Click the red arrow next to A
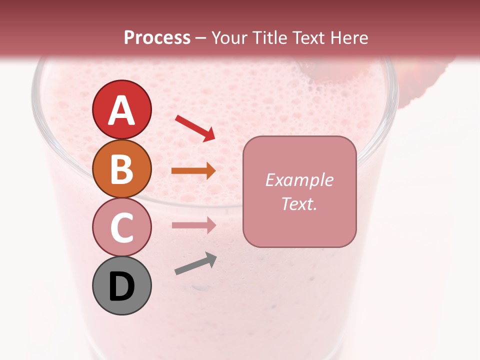point(195,127)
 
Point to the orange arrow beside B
point(193,171)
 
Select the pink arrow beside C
point(193,225)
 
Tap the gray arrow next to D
point(195,264)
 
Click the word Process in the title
point(157,37)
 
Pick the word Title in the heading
point(270,37)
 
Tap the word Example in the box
point(299,180)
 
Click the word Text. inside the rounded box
point(299,203)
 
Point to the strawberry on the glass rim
point(420,80)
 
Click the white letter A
point(121,110)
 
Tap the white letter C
point(121,227)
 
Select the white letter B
point(121,169)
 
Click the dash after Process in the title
point(200,38)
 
